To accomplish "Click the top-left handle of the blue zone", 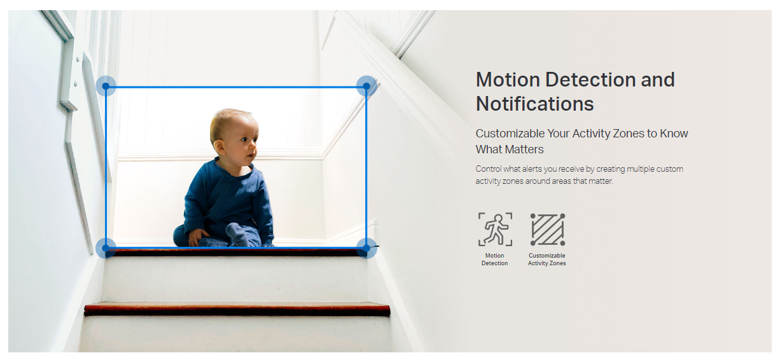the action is pos(106,86).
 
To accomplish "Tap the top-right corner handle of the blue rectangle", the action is pos(366,86).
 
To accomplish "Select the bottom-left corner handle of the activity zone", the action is pos(106,248).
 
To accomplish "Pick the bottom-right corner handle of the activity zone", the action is pos(366,248).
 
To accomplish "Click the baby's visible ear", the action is pos(219,147).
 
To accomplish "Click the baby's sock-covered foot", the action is pos(237,233).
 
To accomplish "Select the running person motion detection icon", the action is pos(495,230).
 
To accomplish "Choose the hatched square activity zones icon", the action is pos(548,230).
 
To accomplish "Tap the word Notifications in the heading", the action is pos(535,104).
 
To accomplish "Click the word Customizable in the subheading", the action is pos(510,134).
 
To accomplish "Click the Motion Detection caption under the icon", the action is pos(495,260).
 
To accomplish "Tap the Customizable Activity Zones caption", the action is pos(547,260).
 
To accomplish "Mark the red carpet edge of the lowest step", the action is pos(237,309).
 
